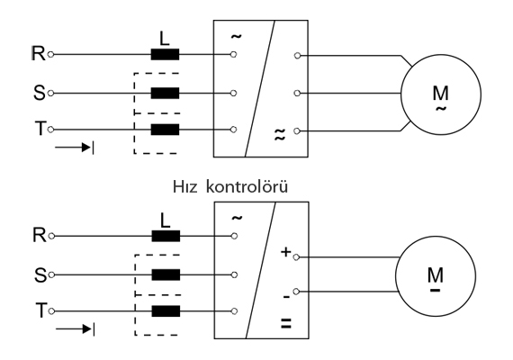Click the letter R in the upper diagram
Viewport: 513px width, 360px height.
[x=39, y=53]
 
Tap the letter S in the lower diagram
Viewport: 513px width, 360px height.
[x=40, y=275]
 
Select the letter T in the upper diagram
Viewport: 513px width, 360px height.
[x=40, y=129]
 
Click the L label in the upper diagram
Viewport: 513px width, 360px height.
[x=165, y=39]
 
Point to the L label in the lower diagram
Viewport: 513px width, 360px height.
[x=166, y=220]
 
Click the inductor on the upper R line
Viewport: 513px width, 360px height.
[x=165, y=54]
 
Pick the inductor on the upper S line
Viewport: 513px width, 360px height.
[x=165, y=94]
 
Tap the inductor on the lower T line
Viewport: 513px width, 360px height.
[x=166, y=311]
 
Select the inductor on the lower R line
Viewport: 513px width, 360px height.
[x=166, y=236]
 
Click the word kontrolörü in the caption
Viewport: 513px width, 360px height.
[x=247, y=187]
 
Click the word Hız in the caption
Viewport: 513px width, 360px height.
[x=184, y=187]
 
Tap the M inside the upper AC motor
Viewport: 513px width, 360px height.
[x=440, y=93]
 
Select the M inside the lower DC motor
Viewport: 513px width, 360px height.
[x=435, y=274]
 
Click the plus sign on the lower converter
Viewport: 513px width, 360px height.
[x=286, y=252]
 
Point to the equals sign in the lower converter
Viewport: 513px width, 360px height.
[x=286, y=323]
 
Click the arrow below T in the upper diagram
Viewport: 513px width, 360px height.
[x=75, y=148]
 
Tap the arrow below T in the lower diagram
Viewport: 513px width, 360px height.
[x=76, y=328]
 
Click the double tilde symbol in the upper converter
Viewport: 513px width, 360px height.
[x=279, y=134]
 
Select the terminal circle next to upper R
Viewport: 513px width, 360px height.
[x=50, y=54]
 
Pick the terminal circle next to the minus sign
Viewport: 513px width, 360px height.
[x=296, y=292]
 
